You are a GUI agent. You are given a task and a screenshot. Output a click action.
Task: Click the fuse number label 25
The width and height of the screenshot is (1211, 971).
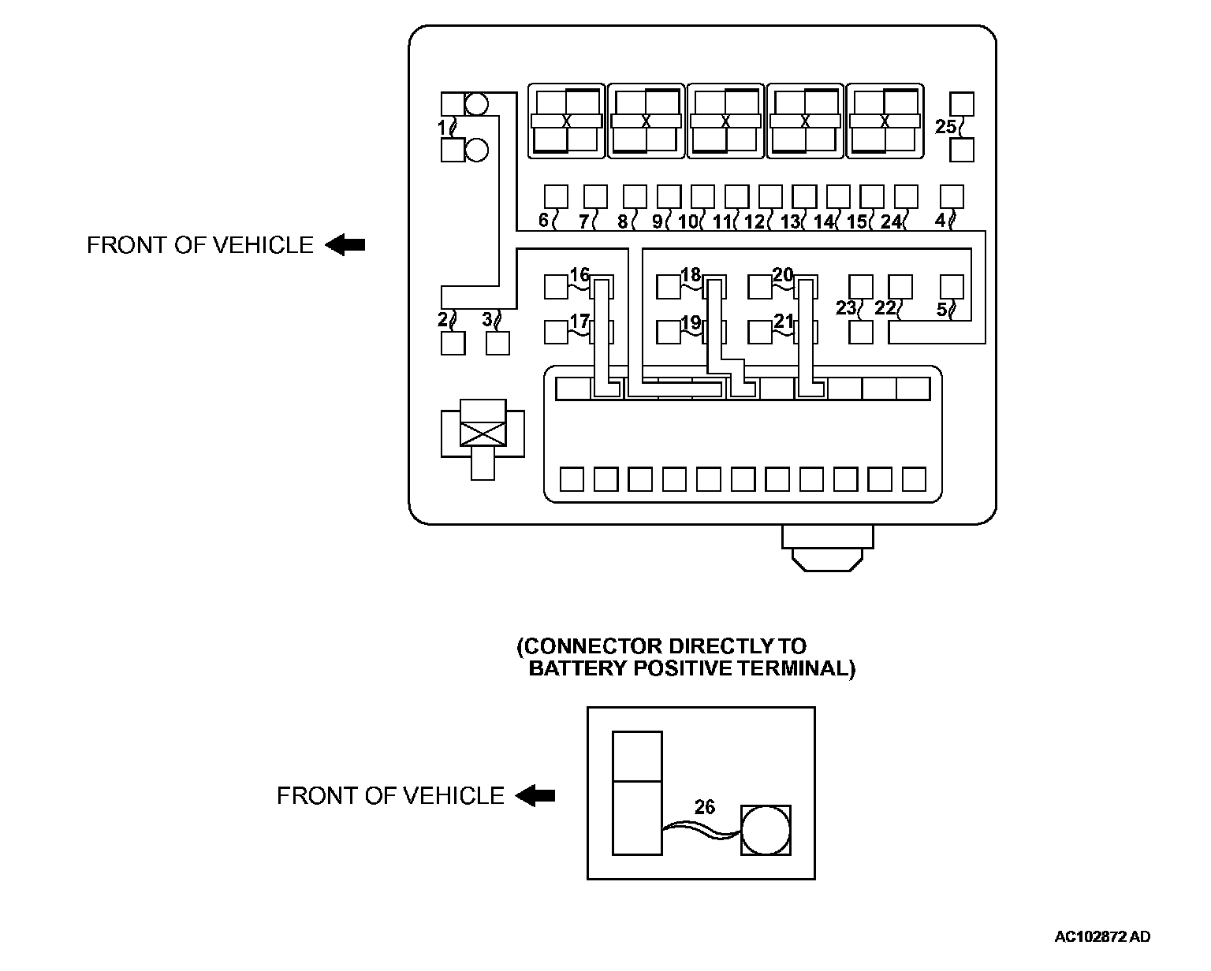(x=945, y=126)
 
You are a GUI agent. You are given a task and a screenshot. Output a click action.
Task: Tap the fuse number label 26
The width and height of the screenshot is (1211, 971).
(x=704, y=807)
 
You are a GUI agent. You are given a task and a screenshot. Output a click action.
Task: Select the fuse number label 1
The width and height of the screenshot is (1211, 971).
(x=443, y=126)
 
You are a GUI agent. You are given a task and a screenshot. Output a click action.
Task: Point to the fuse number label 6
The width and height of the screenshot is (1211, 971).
(x=543, y=220)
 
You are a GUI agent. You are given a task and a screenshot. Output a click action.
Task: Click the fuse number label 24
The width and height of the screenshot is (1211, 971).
(x=891, y=221)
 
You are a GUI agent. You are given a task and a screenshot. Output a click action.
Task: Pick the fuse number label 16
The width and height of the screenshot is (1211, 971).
(x=579, y=275)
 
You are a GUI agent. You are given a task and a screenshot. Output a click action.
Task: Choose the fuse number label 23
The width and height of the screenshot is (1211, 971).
(x=846, y=307)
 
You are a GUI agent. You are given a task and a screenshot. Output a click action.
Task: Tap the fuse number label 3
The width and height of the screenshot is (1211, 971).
(x=487, y=318)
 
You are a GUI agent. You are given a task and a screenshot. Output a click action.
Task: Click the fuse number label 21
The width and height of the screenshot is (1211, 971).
(x=783, y=321)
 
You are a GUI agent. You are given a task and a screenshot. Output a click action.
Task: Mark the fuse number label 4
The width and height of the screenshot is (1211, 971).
(x=940, y=220)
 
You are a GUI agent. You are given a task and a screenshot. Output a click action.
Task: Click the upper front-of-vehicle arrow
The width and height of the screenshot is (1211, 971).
(x=345, y=245)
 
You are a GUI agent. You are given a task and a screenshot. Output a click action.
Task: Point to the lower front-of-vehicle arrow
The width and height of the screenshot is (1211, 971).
(x=535, y=796)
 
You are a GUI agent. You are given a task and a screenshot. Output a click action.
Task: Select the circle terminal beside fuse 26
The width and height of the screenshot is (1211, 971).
(x=765, y=830)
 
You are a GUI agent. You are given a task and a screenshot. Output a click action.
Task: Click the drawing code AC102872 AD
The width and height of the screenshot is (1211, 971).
(x=1102, y=937)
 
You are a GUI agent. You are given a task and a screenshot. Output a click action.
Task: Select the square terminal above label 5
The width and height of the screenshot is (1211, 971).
(x=952, y=286)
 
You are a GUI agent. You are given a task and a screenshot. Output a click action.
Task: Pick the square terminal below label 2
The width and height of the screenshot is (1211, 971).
(x=453, y=344)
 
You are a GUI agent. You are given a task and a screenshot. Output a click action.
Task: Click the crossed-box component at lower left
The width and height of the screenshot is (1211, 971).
(x=483, y=433)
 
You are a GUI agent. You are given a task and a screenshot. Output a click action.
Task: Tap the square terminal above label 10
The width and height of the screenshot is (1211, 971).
(x=702, y=196)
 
